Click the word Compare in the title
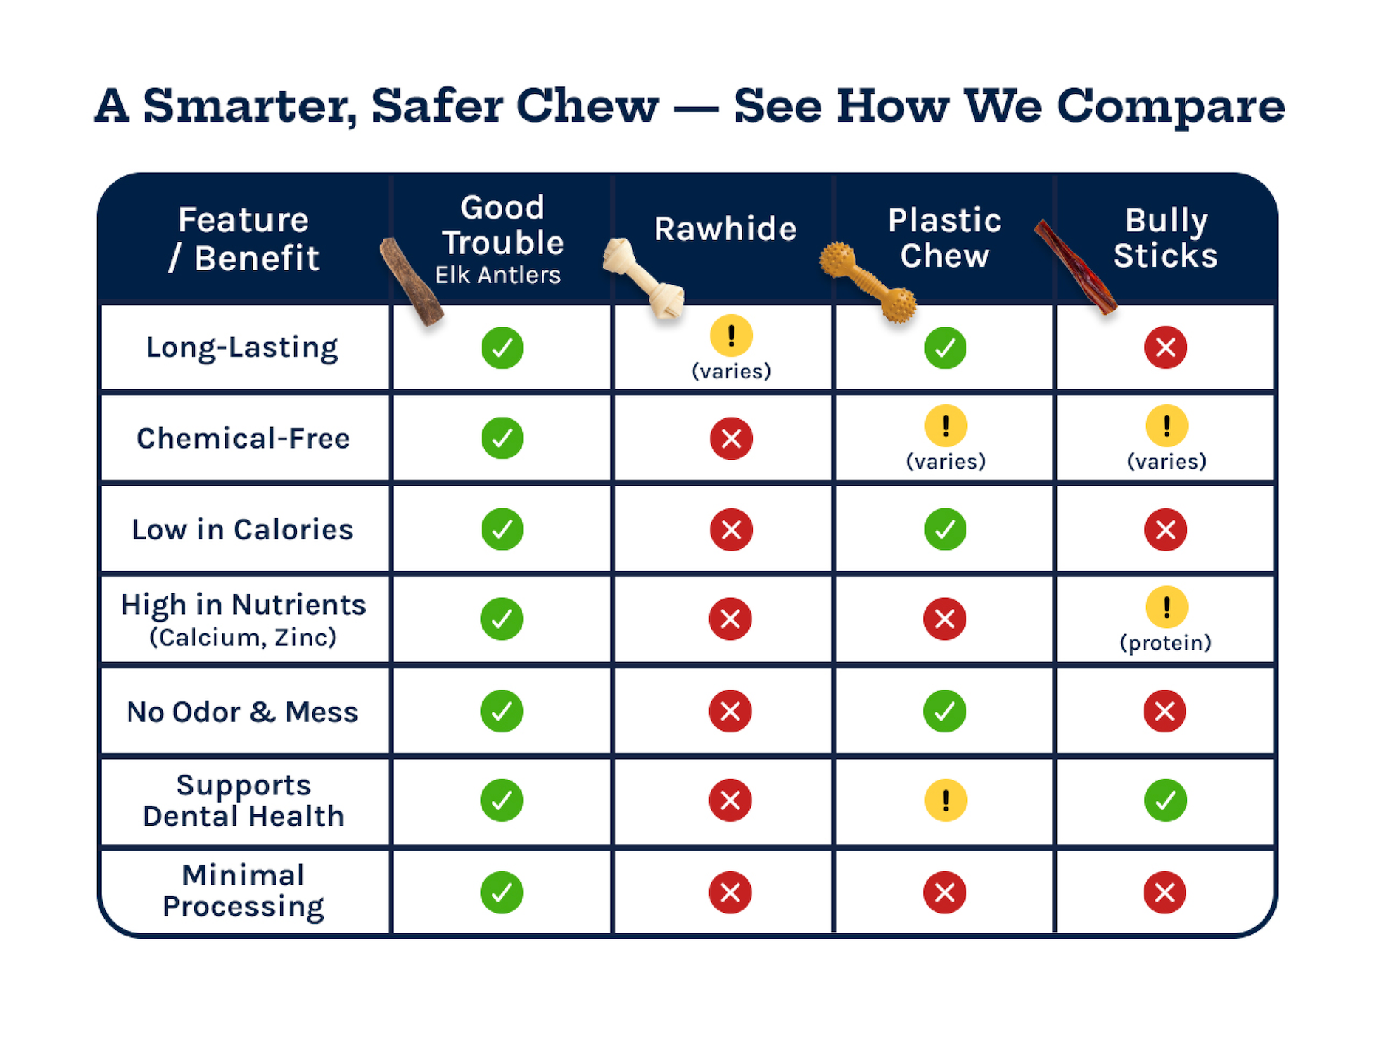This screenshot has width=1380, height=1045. click(x=1171, y=107)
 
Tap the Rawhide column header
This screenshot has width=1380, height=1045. click(x=725, y=229)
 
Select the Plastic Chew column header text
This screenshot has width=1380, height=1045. click(x=944, y=238)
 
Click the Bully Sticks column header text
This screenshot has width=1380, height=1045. click(x=1165, y=238)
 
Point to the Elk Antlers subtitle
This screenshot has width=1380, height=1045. click(x=497, y=275)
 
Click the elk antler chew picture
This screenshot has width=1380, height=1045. click(x=411, y=282)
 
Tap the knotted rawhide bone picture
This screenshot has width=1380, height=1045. click(x=643, y=278)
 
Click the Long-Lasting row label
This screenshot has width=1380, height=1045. click(x=242, y=347)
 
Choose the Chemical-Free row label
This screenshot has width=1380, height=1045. click(x=243, y=438)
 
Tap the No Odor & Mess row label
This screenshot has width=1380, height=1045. click(x=242, y=712)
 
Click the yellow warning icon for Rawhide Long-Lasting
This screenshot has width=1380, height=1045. click(x=731, y=336)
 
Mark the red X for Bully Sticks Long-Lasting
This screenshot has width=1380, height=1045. click(x=1165, y=347)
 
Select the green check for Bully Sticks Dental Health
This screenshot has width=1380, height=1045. click(x=1165, y=800)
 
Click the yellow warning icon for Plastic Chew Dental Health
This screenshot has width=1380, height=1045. click(x=945, y=800)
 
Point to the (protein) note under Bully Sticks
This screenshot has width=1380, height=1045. click(x=1165, y=643)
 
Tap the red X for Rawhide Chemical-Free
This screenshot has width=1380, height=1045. click(x=731, y=438)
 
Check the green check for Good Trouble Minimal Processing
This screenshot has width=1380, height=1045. click(x=502, y=893)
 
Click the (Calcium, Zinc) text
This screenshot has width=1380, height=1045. click(x=243, y=637)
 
